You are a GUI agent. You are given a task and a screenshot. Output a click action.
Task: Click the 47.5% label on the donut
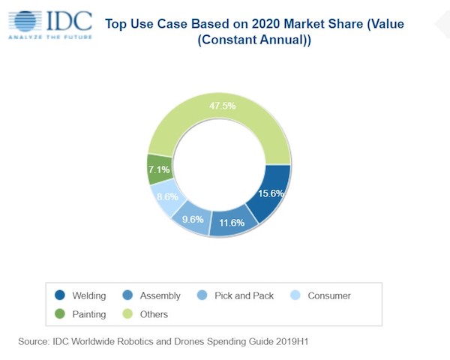[221, 106]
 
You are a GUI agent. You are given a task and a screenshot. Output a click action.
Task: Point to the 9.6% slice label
[192, 221]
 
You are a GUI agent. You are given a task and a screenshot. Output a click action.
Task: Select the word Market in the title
[299, 24]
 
